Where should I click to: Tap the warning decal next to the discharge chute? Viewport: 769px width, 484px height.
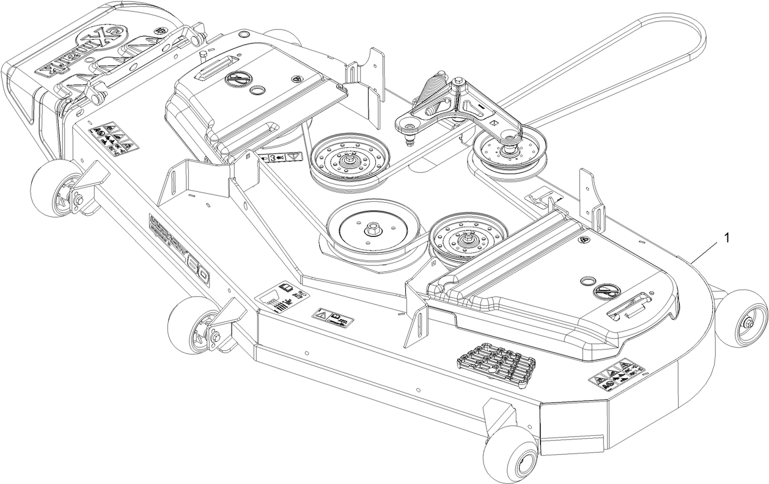(x=114, y=137)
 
